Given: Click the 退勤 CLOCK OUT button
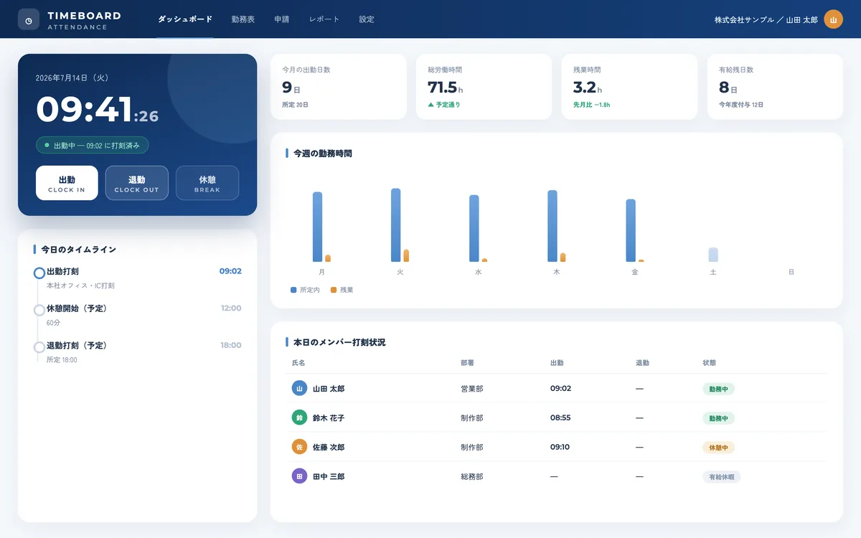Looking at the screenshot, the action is coord(137,183).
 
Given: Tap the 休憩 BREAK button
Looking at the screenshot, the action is coord(207,183).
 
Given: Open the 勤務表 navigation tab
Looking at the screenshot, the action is coord(243,19).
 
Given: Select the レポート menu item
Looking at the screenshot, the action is coord(324,19).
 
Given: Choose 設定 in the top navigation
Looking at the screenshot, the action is coord(367,19).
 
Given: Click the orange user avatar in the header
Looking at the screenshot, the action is coord(833,19).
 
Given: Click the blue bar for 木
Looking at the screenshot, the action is coord(552,226).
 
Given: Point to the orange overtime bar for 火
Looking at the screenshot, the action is coord(406,255).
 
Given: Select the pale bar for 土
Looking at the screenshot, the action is coord(713,255).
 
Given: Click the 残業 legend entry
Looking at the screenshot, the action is coord(342,290).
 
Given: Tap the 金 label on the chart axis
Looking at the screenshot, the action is coord(634,272).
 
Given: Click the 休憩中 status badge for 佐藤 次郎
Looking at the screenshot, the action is coord(718,448).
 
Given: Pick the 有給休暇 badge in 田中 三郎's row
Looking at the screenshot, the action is coord(722,477).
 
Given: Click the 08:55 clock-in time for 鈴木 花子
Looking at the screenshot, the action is coord(560,417).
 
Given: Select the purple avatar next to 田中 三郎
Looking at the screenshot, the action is coord(299,476).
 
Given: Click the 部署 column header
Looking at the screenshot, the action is coord(467,363).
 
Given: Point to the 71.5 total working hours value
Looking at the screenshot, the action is coord(442,88).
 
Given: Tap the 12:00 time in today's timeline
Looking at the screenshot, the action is coord(231,308).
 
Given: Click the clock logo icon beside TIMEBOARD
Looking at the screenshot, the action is coord(29,19).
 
